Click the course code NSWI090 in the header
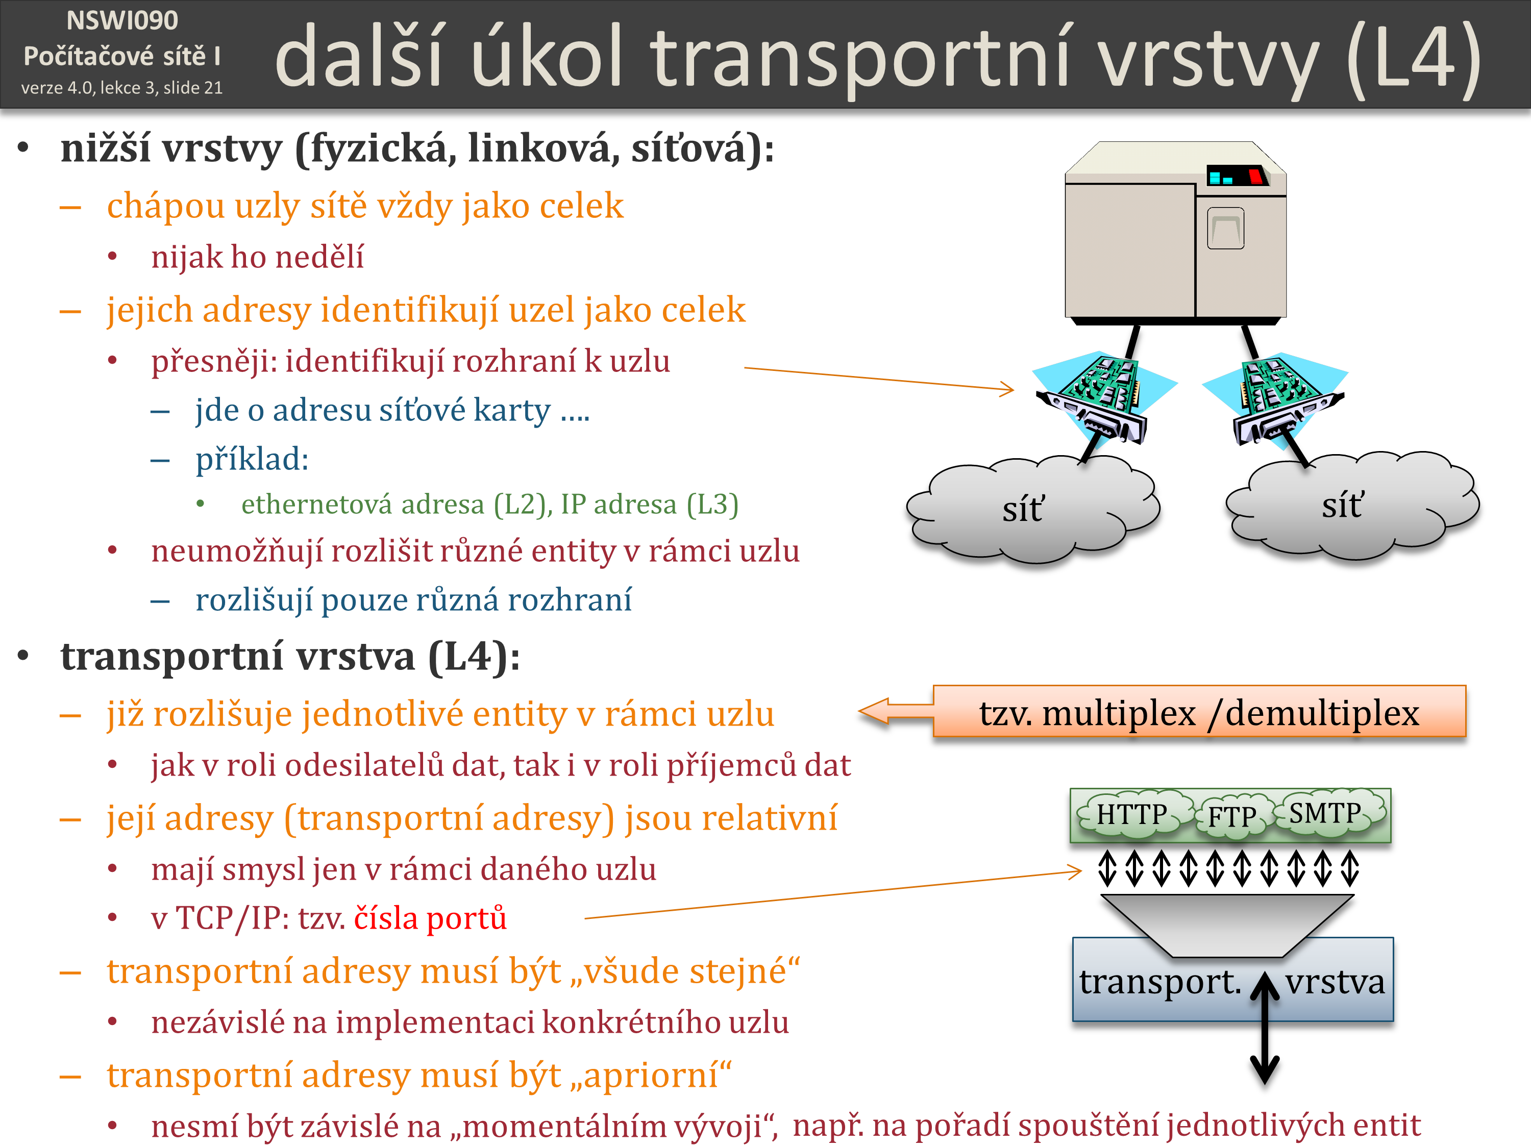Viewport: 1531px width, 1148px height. click(x=122, y=21)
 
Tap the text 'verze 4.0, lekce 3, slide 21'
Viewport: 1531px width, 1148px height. click(x=122, y=88)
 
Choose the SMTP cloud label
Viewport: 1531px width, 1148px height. click(x=1325, y=812)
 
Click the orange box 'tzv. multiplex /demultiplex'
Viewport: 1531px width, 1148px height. click(x=1199, y=711)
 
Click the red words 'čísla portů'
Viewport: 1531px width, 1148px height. click(x=431, y=918)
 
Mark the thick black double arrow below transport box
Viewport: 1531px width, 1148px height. click(x=1265, y=1028)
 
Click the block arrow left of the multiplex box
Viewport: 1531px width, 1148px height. click(x=896, y=711)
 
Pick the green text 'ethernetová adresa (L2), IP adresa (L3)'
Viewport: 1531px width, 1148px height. click(x=490, y=505)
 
